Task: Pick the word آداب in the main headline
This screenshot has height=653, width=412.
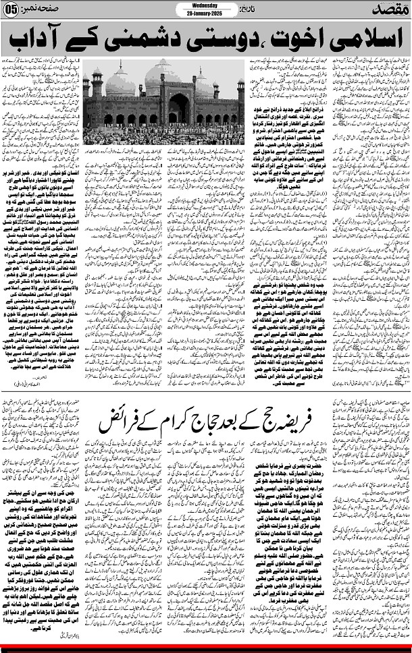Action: pos(45,41)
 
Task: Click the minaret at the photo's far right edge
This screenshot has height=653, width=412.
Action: pos(240,94)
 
